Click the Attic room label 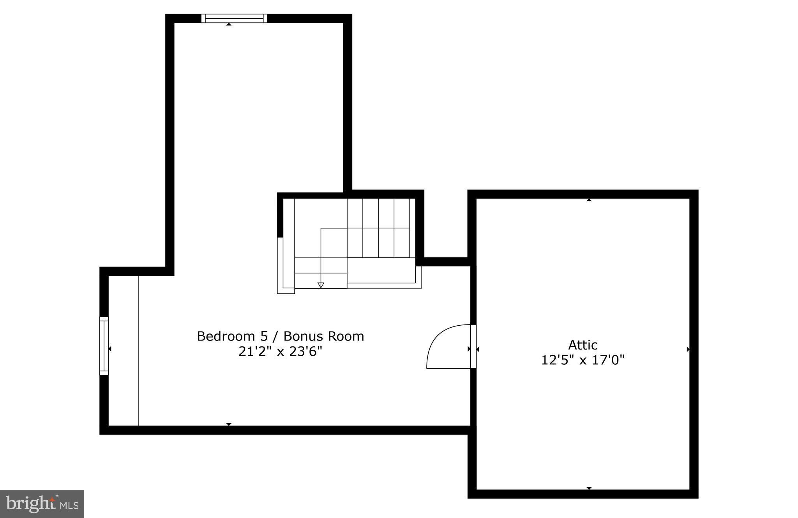coord(583,345)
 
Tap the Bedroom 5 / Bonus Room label coord(280,336)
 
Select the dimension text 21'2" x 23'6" coord(280,352)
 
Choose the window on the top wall coord(234,18)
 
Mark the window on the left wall coord(104,346)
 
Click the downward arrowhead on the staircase coord(321,285)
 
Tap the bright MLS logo coord(42,504)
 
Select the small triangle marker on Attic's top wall coord(589,200)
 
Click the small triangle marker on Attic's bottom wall coord(589,488)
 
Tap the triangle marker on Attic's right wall coord(688,349)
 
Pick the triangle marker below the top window coord(229,24)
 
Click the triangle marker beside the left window coord(110,349)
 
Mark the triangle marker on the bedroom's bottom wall coord(229,424)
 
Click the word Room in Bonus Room coord(346,336)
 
